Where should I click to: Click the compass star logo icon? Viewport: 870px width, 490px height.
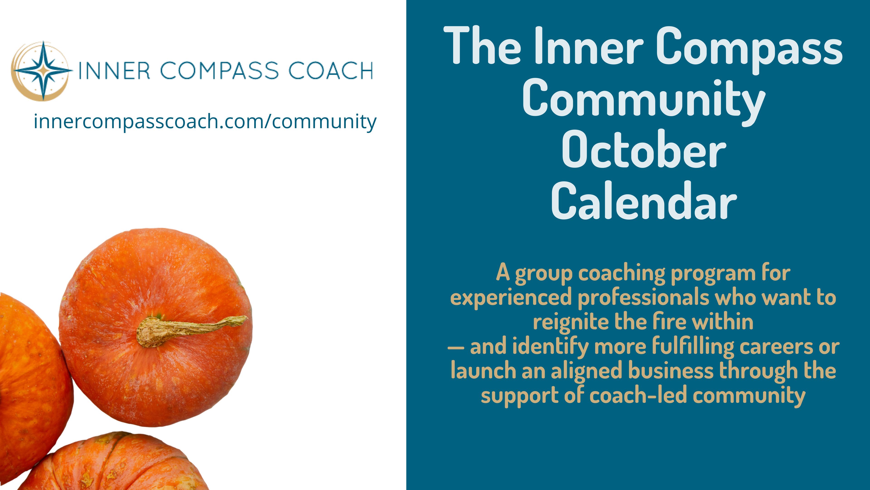pos(42,71)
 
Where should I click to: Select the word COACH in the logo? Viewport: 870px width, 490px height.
pos(330,71)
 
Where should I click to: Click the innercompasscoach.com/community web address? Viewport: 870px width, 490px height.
pos(205,122)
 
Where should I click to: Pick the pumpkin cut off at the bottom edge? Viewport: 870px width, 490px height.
pos(111,462)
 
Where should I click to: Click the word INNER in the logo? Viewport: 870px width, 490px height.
pos(114,71)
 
